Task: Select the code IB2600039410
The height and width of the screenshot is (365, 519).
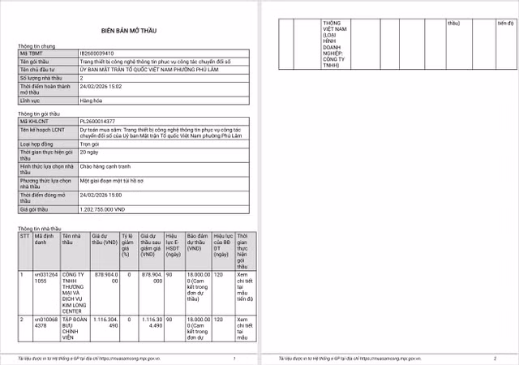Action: tap(98, 53)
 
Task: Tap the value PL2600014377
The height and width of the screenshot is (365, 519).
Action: tap(98, 121)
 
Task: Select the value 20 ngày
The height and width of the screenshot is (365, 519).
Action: tap(90, 151)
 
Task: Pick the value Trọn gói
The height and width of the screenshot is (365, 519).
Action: tap(90, 141)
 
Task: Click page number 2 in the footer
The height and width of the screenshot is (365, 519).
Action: tap(494, 357)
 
